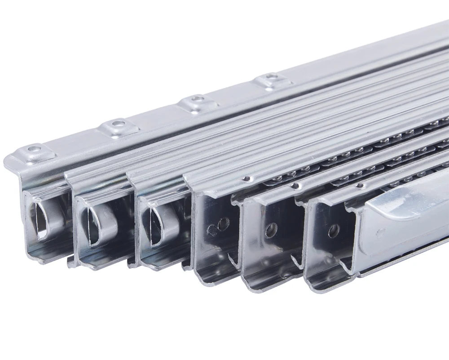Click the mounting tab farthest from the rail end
point(271,80)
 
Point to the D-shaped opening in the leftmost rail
point(39,221)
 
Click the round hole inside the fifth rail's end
point(271,230)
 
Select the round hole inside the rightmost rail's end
point(334,231)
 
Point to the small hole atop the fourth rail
point(245,179)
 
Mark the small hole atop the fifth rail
point(295,185)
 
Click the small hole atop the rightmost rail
point(360,185)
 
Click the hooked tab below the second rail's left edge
point(72,262)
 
